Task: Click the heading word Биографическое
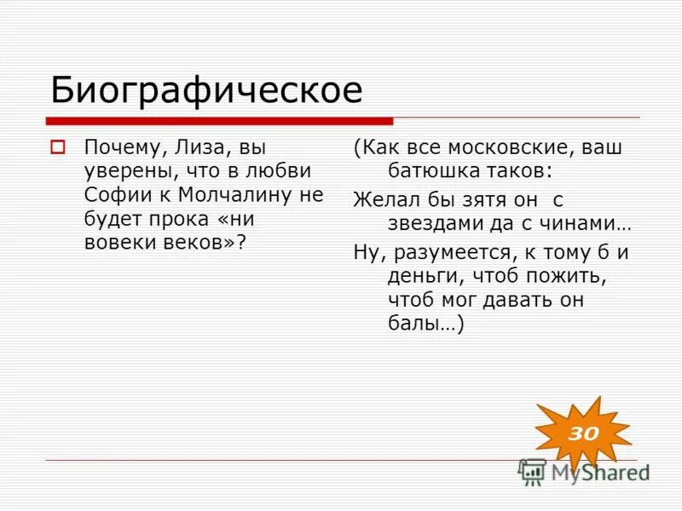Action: pos(206,89)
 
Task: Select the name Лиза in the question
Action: pos(199,147)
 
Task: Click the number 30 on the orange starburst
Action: pos(583,433)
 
